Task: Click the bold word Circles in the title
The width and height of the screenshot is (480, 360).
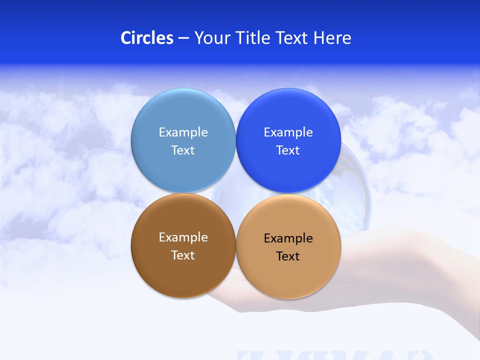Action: [147, 38]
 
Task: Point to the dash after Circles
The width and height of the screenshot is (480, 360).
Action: [183, 38]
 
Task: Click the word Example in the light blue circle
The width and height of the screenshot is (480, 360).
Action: [183, 132]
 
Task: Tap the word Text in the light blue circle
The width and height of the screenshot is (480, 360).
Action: [183, 150]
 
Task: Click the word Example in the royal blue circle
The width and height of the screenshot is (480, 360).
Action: [288, 132]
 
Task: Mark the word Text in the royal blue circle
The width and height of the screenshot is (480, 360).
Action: [288, 150]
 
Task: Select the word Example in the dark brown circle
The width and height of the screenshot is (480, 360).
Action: [183, 237]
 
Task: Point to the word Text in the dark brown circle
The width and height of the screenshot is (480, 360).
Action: [183, 255]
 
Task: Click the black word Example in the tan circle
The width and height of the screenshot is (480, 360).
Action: [288, 238]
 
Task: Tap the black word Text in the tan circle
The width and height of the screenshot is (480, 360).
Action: [288, 256]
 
